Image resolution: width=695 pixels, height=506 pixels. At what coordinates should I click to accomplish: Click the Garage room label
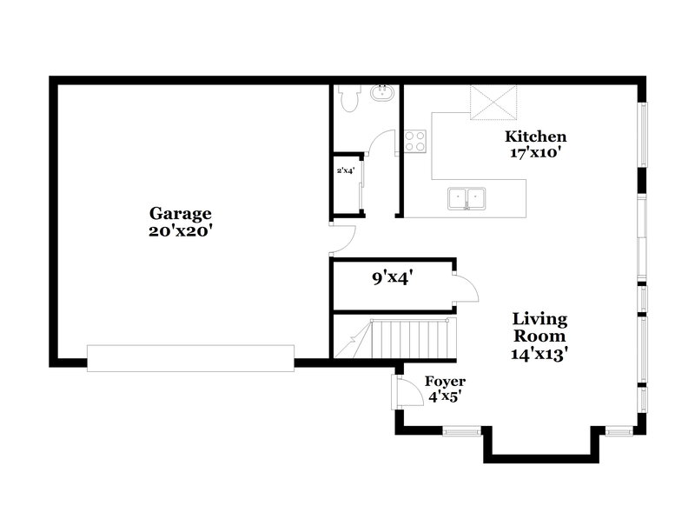[x=181, y=213]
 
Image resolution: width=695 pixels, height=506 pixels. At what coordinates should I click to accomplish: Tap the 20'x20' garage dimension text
[x=181, y=231]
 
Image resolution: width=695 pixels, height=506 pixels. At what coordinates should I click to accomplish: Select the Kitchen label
[x=536, y=136]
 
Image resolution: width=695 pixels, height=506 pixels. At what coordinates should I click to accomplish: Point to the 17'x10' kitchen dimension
[x=536, y=153]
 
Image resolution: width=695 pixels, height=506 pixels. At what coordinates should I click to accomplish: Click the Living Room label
[x=539, y=328]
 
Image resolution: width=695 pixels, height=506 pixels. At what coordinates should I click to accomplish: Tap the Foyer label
[x=444, y=382]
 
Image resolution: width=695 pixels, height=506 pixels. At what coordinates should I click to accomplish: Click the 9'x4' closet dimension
[x=392, y=278]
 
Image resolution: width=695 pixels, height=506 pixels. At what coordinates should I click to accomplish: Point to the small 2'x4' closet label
[x=345, y=170]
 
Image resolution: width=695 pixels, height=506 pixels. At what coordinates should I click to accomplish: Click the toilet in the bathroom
[x=348, y=99]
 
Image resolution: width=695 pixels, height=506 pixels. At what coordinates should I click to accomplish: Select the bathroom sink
[x=381, y=93]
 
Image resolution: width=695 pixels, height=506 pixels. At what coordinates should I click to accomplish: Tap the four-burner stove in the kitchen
[x=414, y=141]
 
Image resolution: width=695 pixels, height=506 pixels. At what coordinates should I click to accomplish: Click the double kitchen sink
[x=467, y=199]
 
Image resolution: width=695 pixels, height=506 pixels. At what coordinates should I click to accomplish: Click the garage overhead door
[x=190, y=358]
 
